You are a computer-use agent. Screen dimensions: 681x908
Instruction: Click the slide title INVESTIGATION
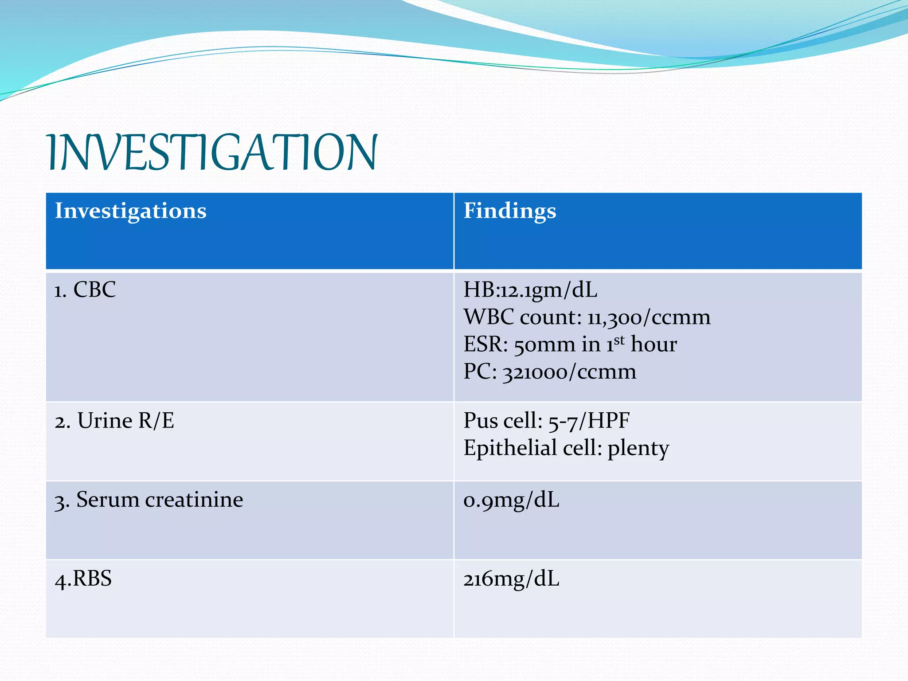click(x=212, y=153)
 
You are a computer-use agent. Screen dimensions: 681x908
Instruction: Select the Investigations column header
click(x=130, y=211)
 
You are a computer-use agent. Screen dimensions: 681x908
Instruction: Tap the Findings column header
click(x=509, y=211)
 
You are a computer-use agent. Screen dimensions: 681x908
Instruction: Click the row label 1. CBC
click(x=85, y=290)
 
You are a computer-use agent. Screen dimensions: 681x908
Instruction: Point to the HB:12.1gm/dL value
click(x=530, y=290)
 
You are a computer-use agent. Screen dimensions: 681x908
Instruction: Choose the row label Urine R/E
click(x=114, y=421)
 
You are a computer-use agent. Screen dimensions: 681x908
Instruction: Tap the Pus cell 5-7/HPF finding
click(x=546, y=421)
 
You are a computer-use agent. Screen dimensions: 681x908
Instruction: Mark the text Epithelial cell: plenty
click(x=566, y=448)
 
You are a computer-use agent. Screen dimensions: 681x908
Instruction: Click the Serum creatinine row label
click(x=149, y=500)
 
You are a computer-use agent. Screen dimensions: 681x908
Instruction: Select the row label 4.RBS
click(x=83, y=579)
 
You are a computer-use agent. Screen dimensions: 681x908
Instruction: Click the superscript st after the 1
click(x=619, y=340)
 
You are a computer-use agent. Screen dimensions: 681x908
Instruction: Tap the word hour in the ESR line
click(x=654, y=344)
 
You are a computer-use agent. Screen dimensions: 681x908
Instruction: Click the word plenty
click(x=638, y=449)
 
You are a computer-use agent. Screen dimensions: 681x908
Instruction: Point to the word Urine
click(x=105, y=421)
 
